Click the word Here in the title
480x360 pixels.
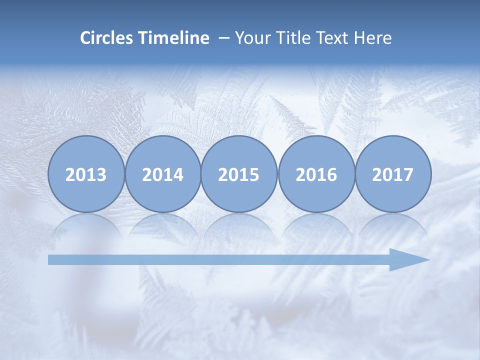[x=373, y=38]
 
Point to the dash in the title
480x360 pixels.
[x=224, y=38]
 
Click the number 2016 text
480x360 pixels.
[x=316, y=175]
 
